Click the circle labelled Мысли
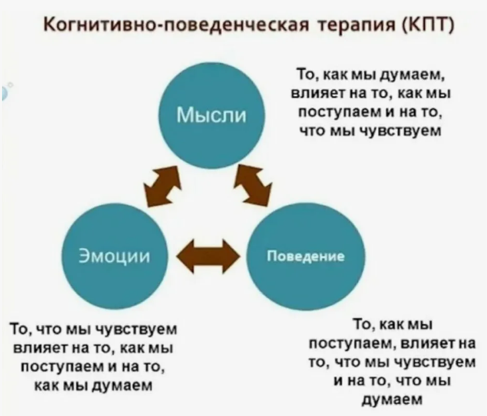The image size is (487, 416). point(212,115)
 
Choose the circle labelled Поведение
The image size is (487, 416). point(305,255)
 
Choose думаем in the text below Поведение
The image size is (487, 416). point(393,400)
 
